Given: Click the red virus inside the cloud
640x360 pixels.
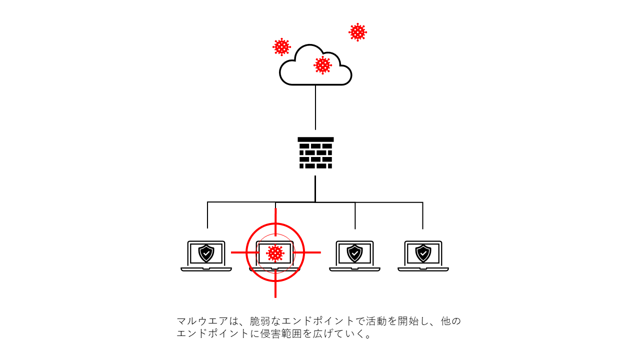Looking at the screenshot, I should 322,65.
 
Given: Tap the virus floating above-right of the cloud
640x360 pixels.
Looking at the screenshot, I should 357,32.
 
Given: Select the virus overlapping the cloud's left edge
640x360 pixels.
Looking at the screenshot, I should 281,47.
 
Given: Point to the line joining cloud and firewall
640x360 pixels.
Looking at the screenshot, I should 315,107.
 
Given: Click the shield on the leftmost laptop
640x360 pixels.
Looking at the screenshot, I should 206,253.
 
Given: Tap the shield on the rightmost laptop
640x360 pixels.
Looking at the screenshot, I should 423,253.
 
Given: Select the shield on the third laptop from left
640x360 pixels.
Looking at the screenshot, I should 354,253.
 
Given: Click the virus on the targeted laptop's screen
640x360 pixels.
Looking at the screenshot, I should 275,253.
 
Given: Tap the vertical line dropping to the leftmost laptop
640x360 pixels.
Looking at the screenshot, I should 207,215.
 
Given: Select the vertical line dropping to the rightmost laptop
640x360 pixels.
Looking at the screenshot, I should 422,215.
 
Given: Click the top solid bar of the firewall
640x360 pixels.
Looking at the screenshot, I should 315,139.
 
